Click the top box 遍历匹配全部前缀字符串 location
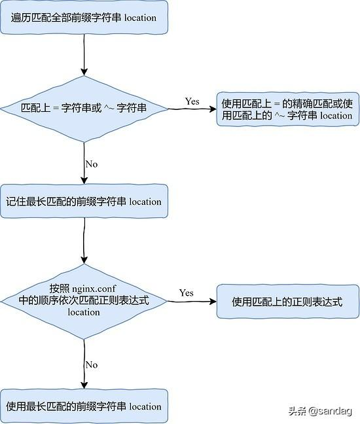point(84,18)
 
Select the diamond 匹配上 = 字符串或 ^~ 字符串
point(84,109)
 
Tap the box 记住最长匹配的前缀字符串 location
point(84,201)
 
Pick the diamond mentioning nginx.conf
point(84,301)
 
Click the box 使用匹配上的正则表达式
point(288,301)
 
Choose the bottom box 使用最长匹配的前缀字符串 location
point(84,406)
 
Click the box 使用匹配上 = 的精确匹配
point(288,109)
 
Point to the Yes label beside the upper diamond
point(192,101)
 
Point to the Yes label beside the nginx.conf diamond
point(186,293)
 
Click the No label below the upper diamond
point(92,164)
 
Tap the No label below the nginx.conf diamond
point(92,364)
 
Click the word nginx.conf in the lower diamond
point(94,289)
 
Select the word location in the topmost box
point(140,18)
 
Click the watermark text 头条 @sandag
point(319,412)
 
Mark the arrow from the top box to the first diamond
point(84,55)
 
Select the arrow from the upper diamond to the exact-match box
point(192,109)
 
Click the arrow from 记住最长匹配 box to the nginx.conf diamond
point(84,241)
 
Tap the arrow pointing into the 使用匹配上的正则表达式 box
point(192,301)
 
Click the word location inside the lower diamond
point(84,312)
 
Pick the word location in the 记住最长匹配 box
point(145,202)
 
